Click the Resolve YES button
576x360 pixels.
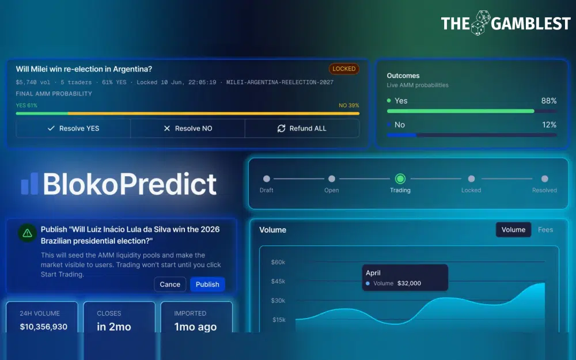coord(73,128)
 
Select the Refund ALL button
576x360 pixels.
coord(302,128)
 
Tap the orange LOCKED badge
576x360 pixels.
coord(344,69)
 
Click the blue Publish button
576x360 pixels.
coord(207,285)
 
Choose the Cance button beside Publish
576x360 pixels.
coord(170,285)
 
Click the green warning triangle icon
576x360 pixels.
coord(27,233)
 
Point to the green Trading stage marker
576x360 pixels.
coord(400,179)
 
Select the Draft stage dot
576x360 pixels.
coord(267,179)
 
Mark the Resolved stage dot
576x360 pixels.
coord(545,179)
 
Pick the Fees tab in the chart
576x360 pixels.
coord(545,230)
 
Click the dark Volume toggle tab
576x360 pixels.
coord(513,230)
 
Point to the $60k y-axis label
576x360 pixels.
coord(278,262)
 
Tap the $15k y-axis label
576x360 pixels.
coord(279,320)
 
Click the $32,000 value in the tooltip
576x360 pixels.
coord(409,283)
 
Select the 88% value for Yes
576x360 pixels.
coord(549,101)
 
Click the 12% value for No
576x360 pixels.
coord(549,125)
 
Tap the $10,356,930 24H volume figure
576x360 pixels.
coord(43,327)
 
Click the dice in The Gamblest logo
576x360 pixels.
coord(480,23)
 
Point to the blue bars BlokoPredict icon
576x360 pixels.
coord(29,184)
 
